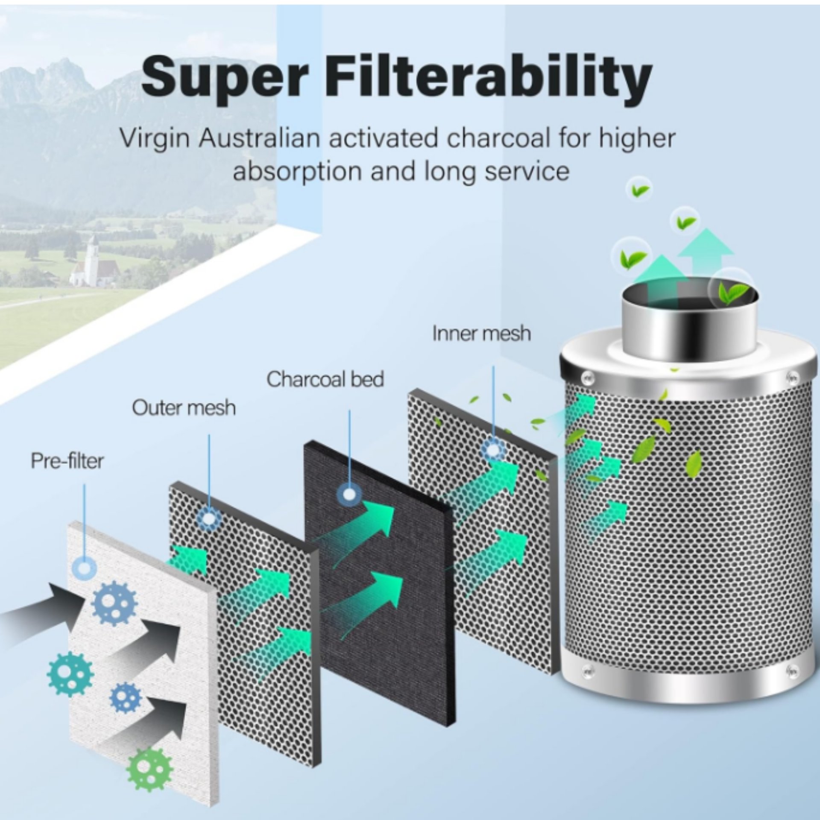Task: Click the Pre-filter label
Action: pos(67,462)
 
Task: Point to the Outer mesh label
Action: pos(184,408)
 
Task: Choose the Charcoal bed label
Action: pos(325,379)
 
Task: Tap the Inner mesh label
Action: pos(481,333)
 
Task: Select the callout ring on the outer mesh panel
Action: pos(209,519)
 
